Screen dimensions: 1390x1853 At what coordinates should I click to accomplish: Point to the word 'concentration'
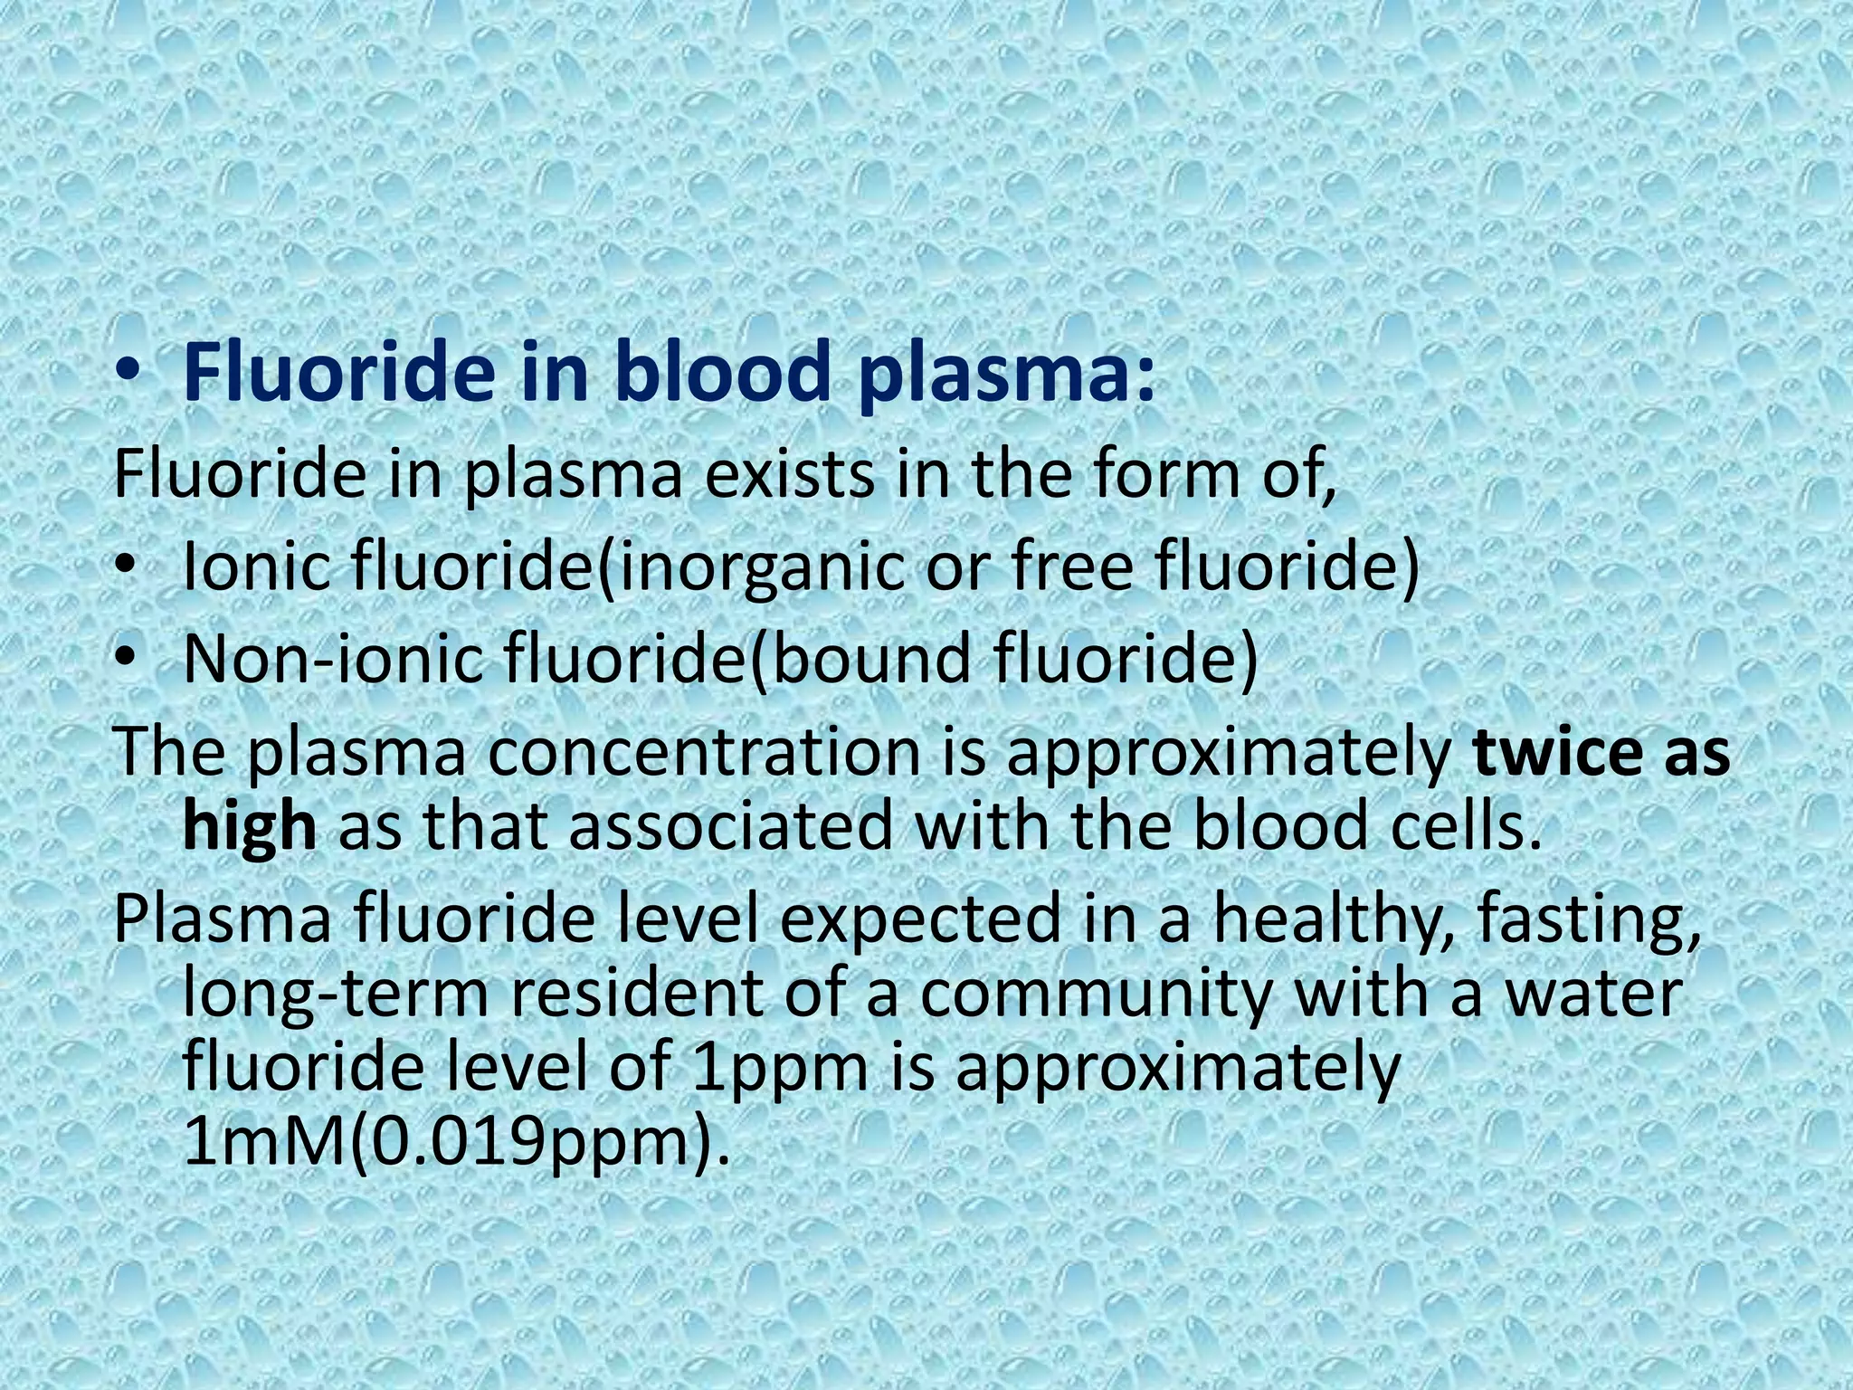click(705, 753)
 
